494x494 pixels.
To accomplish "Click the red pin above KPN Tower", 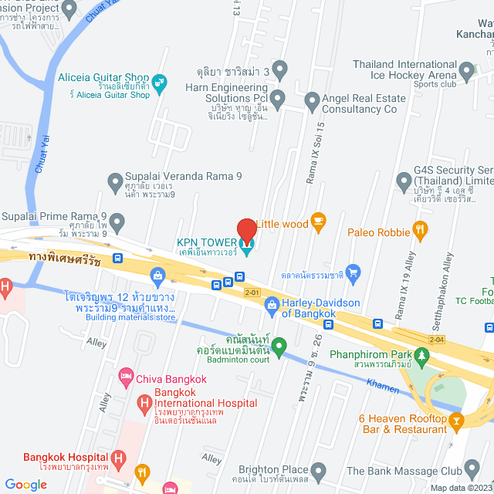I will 246,230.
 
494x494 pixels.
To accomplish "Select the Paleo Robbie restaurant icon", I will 420,228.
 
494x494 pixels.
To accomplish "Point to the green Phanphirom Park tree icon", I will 421,355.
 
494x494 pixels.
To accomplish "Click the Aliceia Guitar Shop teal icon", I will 160,83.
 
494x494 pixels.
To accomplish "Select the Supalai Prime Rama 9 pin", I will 117,224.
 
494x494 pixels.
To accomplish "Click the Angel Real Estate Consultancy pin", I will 312,101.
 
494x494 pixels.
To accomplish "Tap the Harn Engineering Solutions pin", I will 278,98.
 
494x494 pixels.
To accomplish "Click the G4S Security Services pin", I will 403,182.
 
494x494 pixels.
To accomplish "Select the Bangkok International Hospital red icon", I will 144,403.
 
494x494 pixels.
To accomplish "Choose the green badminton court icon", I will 279,344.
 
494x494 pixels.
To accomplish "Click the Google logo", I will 25,485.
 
